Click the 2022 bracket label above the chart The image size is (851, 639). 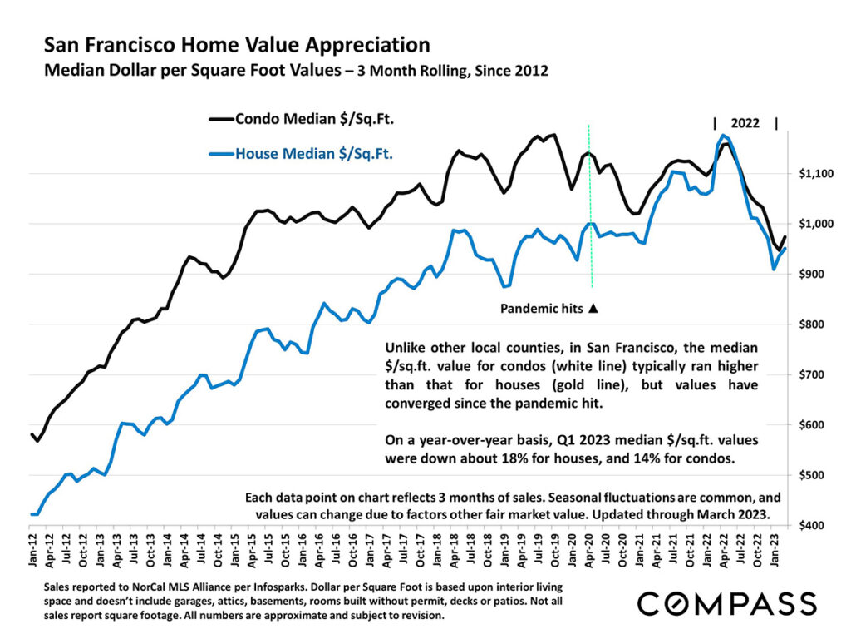tap(745, 123)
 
